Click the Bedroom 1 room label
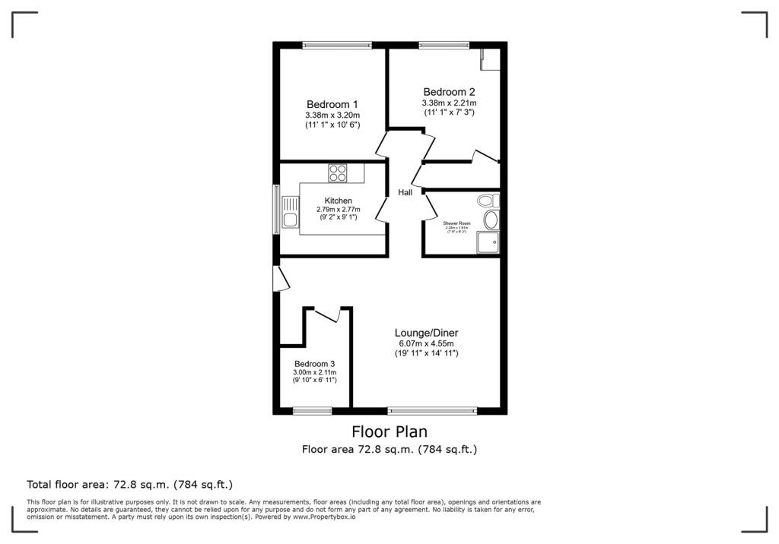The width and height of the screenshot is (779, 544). click(x=332, y=104)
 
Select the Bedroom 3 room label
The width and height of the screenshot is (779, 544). click(x=314, y=363)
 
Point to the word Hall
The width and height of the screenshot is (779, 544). click(x=405, y=192)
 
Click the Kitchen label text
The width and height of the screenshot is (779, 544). click(x=339, y=201)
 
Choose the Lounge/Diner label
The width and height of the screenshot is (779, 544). click(x=426, y=333)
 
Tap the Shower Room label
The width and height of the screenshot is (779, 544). click(x=457, y=223)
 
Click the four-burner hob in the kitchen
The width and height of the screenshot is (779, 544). click(x=338, y=173)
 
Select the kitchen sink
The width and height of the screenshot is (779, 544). click(x=289, y=213)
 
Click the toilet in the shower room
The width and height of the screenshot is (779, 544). click(x=487, y=201)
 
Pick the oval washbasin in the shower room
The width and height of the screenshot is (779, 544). click(x=491, y=220)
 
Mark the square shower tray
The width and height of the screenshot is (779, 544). click(x=487, y=242)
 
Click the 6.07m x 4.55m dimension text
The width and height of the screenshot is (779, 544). click(x=426, y=343)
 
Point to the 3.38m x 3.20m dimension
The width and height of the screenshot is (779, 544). click(x=332, y=115)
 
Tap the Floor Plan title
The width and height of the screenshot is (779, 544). click(x=389, y=432)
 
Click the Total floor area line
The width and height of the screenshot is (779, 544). click(x=129, y=484)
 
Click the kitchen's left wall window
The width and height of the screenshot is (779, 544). click(x=276, y=209)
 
